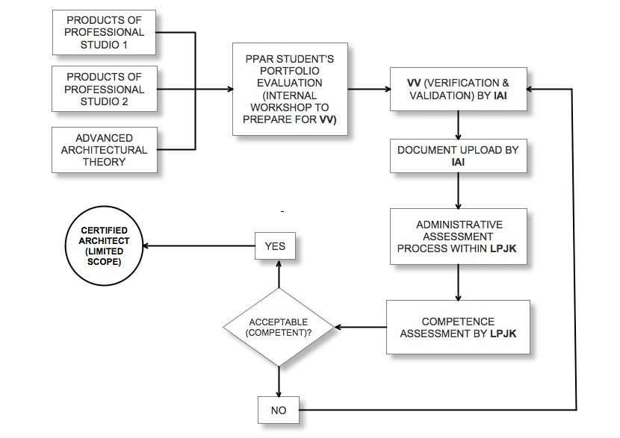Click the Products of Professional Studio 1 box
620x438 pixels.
[x=105, y=32]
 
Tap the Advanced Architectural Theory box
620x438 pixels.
[x=105, y=150]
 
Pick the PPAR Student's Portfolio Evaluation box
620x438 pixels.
[x=290, y=89]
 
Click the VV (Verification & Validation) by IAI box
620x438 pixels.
[x=458, y=89]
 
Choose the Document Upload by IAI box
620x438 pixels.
[x=458, y=156]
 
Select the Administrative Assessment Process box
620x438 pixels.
[x=459, y=237]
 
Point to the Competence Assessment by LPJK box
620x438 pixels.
[x=458, y=327]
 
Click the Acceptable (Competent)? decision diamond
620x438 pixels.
[x=279, y=328]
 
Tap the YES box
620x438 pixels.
[x=276, y=245]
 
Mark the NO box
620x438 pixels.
[x=278, y=410]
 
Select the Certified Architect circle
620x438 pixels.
[x=104, y=245]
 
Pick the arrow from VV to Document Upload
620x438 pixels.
[x=458, y=125]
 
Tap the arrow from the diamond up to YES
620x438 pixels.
[x=279, y=273]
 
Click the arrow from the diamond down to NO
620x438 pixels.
[x=279, y=381]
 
